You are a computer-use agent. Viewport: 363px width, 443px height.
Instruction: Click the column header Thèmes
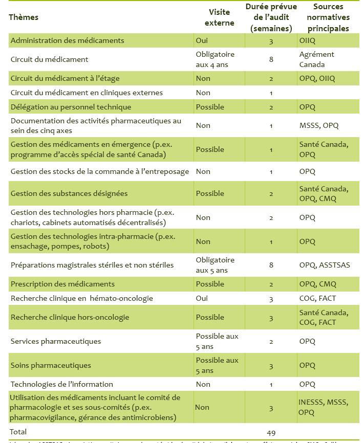(x=24, y=17)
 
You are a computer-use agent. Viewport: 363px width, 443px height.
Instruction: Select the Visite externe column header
(x=219, y=17)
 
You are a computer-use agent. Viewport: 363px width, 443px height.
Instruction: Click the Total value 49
(x=271, y=432)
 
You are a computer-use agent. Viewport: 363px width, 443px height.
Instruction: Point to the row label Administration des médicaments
(x=67, y=40)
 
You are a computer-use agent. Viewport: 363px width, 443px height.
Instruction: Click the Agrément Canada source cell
(x=316, y=59)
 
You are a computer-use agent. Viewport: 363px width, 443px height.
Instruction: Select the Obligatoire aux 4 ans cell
(x=215, y=59)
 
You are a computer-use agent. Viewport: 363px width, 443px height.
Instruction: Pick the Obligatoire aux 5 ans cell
(x=215, y=265)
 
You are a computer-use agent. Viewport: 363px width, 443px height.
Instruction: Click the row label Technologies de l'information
(x=61, y=384)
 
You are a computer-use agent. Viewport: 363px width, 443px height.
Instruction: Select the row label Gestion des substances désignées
(x=69, y=193)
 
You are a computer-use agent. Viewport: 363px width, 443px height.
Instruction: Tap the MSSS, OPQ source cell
(x=319, y=125)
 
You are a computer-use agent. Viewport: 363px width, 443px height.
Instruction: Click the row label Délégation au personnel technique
(x=71, y=107)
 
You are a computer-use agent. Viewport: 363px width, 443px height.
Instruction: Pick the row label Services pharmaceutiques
(x=56, y=341)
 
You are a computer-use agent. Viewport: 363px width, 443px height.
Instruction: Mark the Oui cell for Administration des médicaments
(x=202, y=40)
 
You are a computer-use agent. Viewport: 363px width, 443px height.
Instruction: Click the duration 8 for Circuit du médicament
(x=271, y=59)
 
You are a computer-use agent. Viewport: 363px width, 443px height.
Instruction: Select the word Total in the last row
(x=18, y=432)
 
